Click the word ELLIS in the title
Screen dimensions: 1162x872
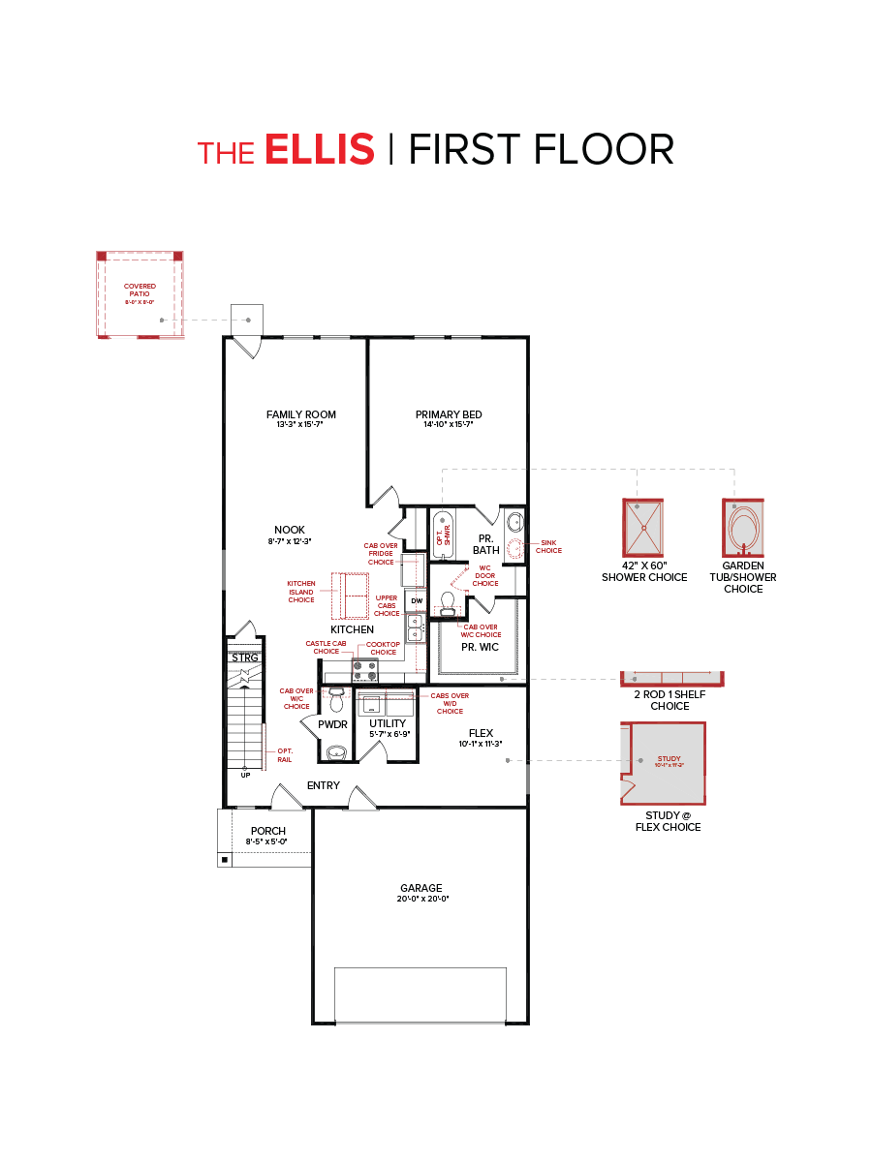(319, 150)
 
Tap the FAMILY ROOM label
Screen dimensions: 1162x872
(300, 414)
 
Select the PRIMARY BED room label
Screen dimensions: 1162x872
(449, 414)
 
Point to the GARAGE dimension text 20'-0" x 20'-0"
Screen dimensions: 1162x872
(421, 899)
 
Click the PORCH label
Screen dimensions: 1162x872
(267, 831)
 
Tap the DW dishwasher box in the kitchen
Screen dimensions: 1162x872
(417, 601)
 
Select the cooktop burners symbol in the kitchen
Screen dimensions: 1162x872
(365, 670)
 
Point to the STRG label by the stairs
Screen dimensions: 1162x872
(245, 657)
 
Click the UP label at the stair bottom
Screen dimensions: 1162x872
(245, 775)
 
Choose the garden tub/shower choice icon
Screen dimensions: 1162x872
(743, 528)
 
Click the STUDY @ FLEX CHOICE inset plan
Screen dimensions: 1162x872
(663, 763)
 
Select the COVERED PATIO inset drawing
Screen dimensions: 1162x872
(140, 294)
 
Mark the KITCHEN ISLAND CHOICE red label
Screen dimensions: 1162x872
(301, 592)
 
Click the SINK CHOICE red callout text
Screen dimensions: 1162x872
(548, 547)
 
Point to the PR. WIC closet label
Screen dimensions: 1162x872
(479, 647)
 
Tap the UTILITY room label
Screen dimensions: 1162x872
(388, 723)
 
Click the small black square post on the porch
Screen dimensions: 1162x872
(225, 859)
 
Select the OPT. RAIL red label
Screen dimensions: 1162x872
(285, 754)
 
